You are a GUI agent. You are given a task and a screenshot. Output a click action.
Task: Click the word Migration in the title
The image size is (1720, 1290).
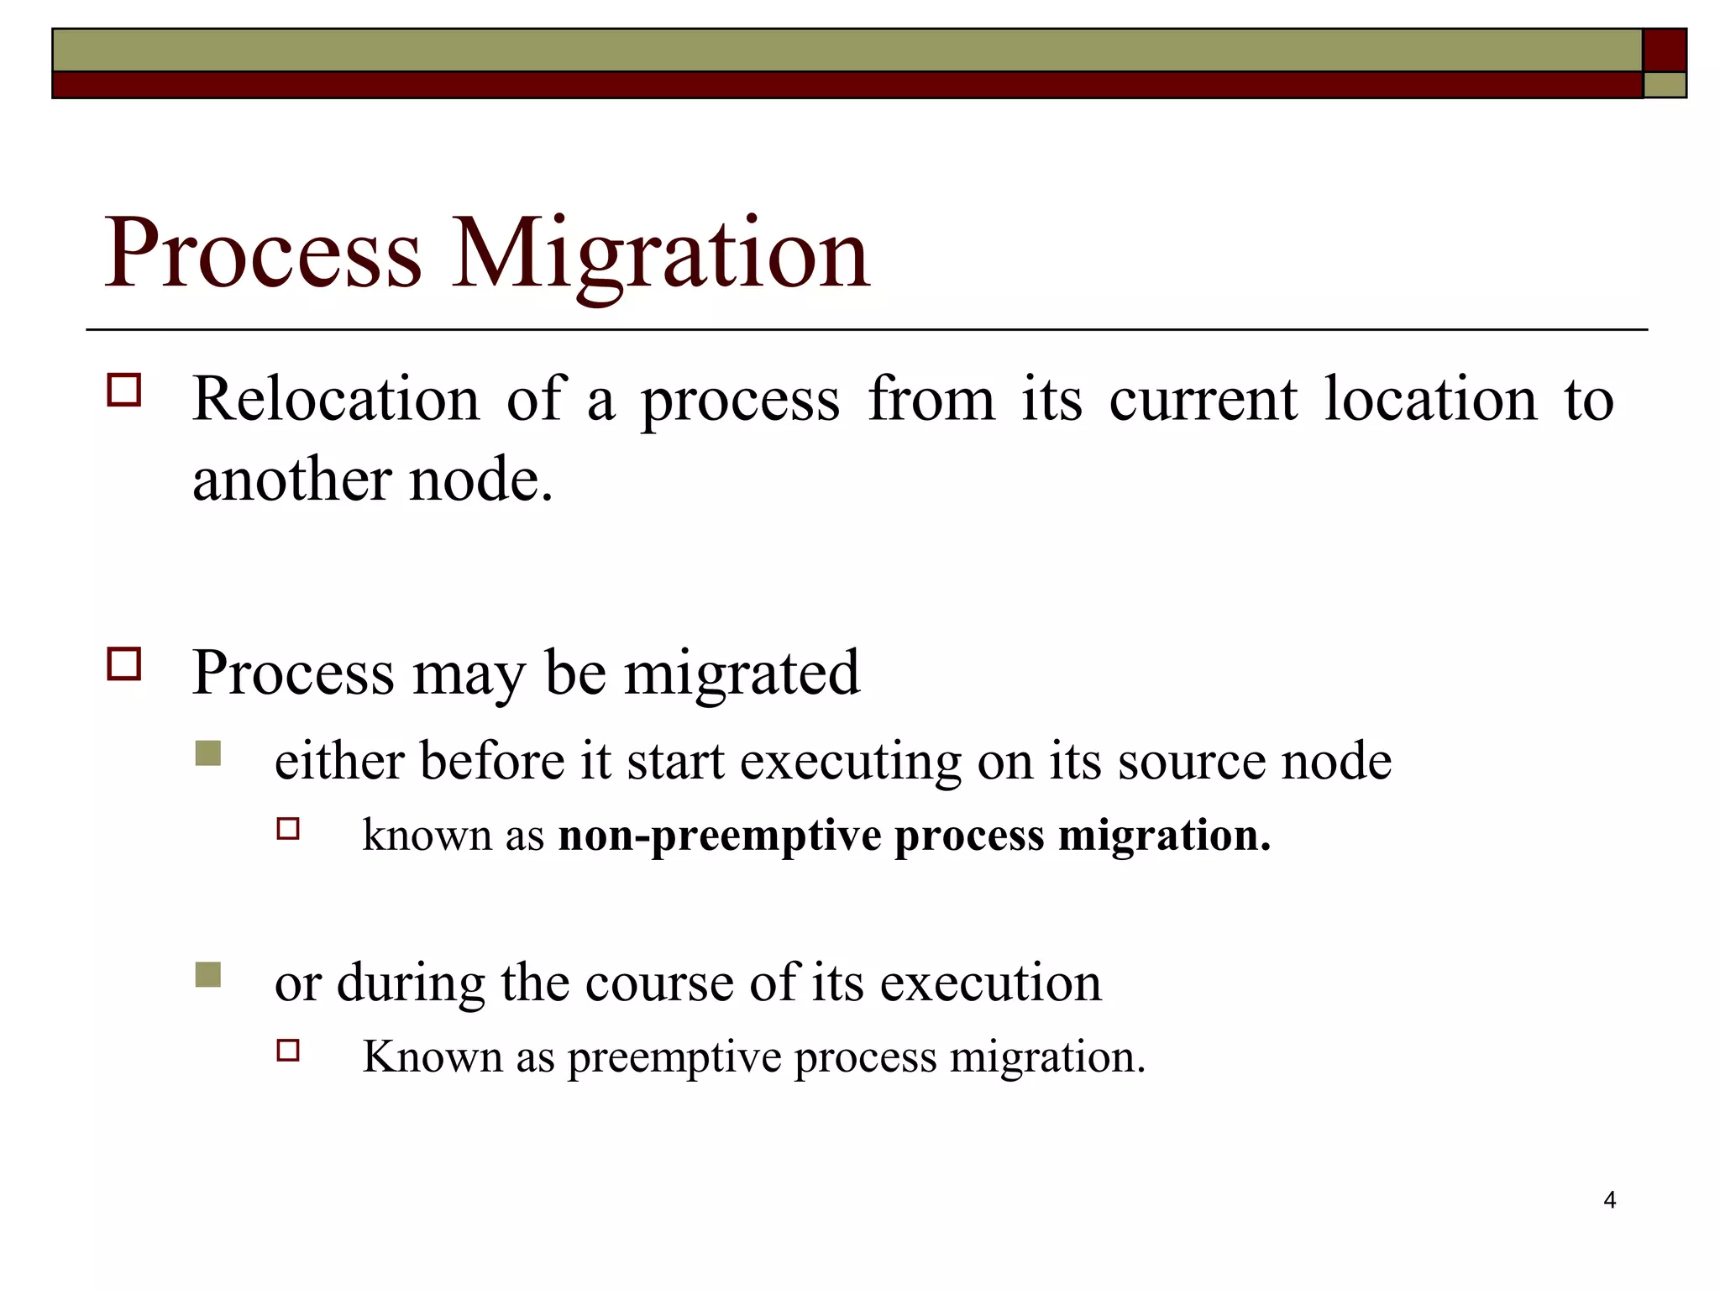click(661, 254)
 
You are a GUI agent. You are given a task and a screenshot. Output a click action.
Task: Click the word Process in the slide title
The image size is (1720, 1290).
click(263, 254)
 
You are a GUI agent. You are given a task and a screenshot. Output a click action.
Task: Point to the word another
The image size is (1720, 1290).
click(291, 480)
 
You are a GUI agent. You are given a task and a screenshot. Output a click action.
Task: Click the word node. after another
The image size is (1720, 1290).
click(480, 480)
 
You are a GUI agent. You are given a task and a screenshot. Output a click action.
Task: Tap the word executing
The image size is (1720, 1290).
click(850, 763)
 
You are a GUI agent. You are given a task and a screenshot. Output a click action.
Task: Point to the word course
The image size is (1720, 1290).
click(658, 982)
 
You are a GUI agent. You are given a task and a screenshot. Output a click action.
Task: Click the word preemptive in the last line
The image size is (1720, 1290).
click(674, 1057)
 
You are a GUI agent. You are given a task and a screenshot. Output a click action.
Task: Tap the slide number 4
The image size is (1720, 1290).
click(1609, 1200)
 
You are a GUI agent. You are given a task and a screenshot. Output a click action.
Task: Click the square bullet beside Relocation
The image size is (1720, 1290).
click(124, 391)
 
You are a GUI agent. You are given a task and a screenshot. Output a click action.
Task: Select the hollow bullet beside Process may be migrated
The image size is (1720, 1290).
click(124, 663)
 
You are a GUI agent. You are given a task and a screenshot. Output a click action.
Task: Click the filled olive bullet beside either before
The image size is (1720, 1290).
click(207, 753)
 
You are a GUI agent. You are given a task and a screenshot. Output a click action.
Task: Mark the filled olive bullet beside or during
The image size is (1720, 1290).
click(207, 974)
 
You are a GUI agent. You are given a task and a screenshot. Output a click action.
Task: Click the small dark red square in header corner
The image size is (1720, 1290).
click(1665, 50)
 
